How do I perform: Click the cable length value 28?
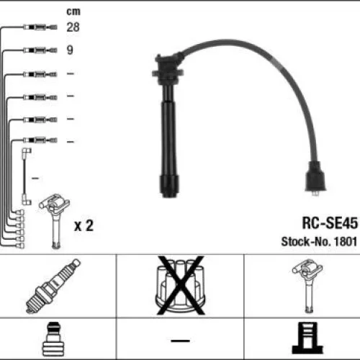(73, 27)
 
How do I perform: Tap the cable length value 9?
(70, 50)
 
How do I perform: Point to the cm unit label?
(73, 12)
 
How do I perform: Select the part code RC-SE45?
(330, 223)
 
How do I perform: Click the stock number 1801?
(346, 241)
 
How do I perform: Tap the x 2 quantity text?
(84, 225)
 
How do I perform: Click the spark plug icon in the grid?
(53, 286)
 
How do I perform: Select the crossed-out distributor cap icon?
(181, 285)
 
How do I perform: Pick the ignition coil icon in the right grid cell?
(307, 286)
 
